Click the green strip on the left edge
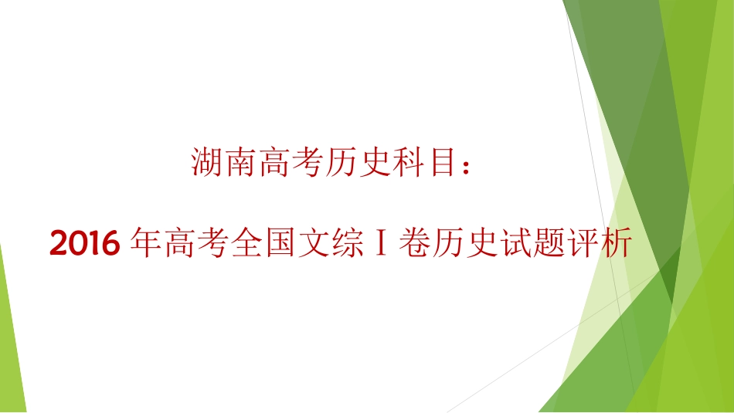tap(11, 340)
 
